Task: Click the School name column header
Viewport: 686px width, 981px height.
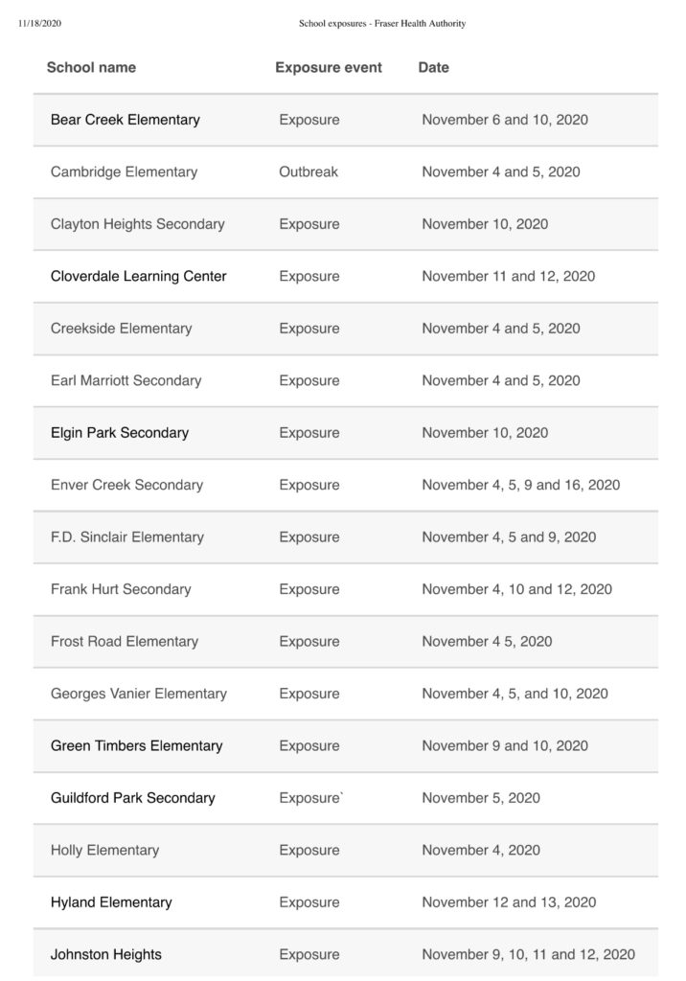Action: click(x=91, y=68)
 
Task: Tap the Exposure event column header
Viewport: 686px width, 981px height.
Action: click(x=329, y=68)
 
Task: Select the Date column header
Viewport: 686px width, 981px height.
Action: click(x=433, y=68)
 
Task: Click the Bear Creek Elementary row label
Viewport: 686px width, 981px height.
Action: click(x=126, y=120)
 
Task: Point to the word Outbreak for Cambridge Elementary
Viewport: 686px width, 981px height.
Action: click(x=309, y=172)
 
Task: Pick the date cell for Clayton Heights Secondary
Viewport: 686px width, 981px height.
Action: click(x=485, y=224)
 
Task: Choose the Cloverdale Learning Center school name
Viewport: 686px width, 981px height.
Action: click(x=139, y=276)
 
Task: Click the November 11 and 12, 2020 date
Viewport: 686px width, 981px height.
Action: click(x=508, y=276)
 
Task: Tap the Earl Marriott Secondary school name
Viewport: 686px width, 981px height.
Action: click(x=126, y=380)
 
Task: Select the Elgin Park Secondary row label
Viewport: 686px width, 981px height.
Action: click(x=120, y=432)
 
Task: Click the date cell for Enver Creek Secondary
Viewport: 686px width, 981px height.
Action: click(x=520, y=485)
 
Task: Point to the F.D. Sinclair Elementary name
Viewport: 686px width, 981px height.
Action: click(x=127, y=536)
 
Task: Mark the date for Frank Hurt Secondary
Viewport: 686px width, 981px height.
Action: click(x=516, y=589)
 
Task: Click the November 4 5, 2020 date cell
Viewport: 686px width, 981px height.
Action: click(x=487, y=641)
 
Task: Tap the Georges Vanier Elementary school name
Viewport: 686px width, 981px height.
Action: click(x=139, y=694)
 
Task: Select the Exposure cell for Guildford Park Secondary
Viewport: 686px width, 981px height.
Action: click(x=310, y=798)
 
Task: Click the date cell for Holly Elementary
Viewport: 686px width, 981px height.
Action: click(x=481, y=850)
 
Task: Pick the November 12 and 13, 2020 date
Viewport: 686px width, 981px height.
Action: click(x=509, y=902)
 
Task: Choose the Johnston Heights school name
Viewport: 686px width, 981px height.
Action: click(x=106, y=954)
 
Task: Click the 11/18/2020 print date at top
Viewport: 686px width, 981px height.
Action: click(x=39, y=24)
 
